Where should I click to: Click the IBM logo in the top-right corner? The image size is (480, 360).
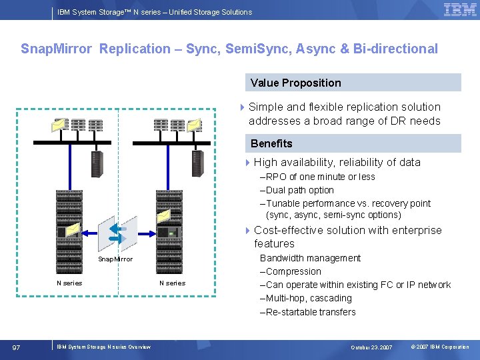point(460,9)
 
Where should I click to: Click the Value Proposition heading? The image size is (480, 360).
point(295,83)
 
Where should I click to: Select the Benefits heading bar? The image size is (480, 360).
point(271,143)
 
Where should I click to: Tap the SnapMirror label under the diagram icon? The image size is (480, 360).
point(115,259)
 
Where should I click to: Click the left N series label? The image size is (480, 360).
point(69,283)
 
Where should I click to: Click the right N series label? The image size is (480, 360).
point(172,283)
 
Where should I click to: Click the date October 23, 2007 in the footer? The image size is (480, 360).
point(371,347)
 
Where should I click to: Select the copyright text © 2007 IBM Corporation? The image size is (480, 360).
point(440,347)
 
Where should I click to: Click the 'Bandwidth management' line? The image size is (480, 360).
point(310,258)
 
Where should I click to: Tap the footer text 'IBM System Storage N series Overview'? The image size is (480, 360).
point(103,347)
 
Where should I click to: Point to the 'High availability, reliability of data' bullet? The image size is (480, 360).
point(337,162)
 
